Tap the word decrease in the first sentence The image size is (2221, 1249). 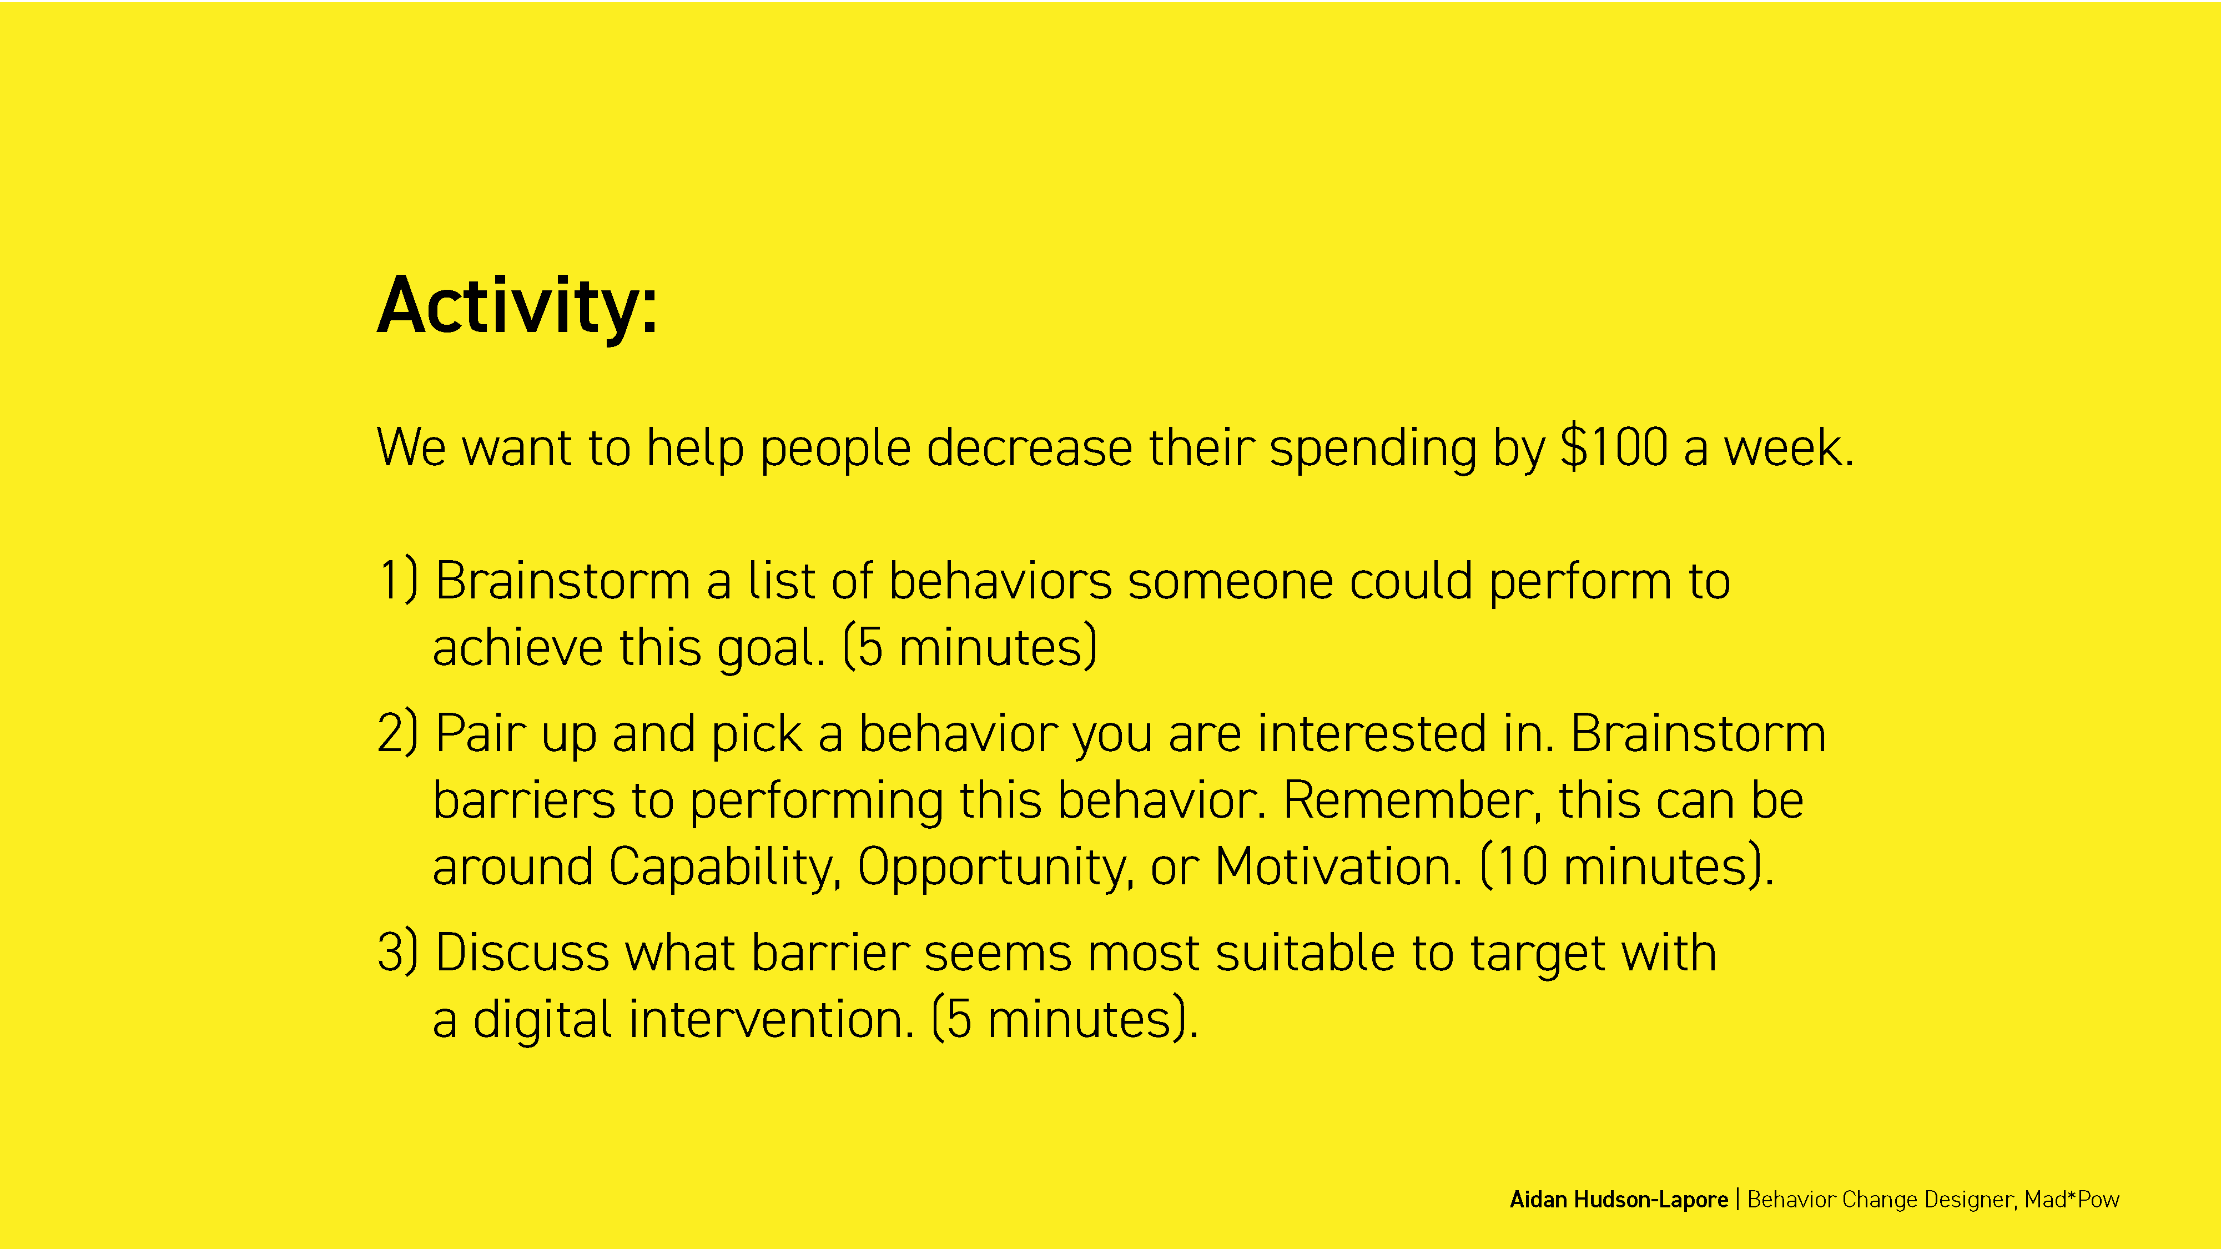(1030, 447)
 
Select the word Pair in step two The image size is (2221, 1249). (480, 733)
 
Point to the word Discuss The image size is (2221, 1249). (522, 953)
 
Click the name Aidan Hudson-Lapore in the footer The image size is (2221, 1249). (1618, 1199)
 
